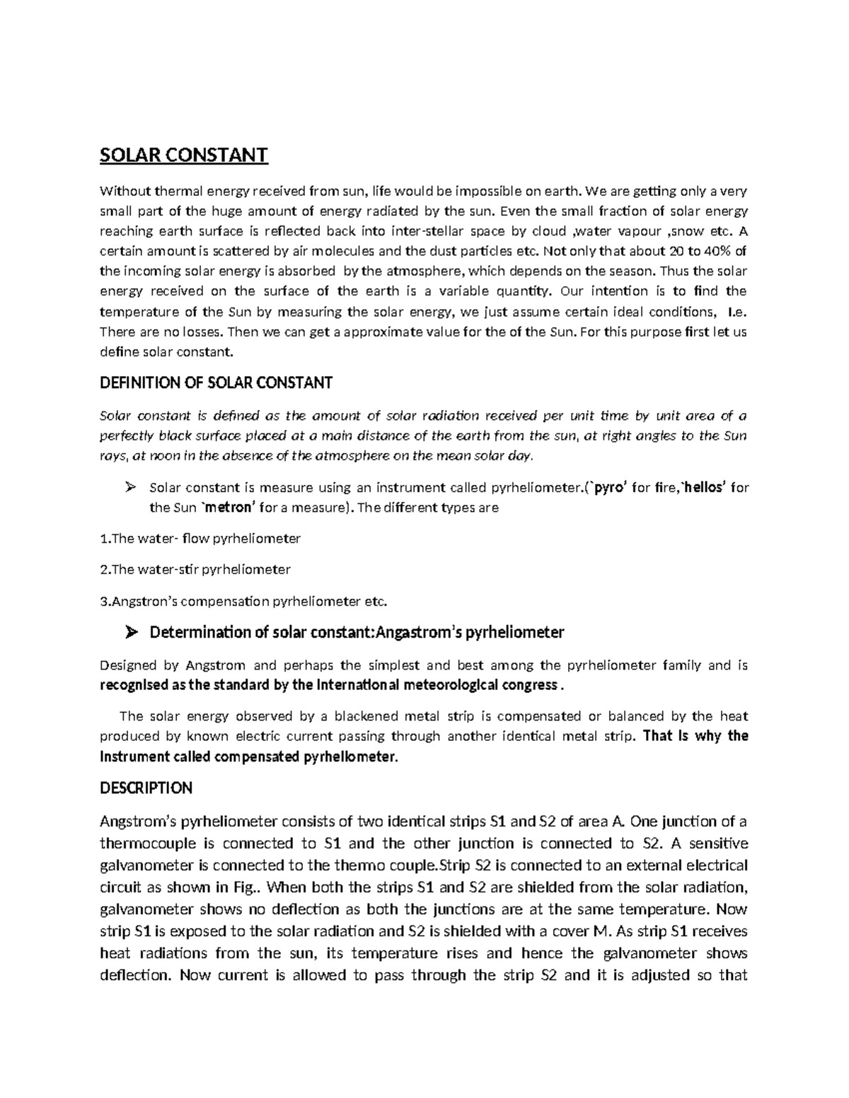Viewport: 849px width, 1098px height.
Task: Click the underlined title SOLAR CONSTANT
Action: [x=184, y=155]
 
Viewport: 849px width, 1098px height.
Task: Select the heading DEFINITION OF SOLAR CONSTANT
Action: [x=216, y=383]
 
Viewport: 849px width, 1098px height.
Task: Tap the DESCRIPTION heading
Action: [x=146, y=788]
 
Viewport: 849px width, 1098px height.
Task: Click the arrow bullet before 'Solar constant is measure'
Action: [x=129, y=486]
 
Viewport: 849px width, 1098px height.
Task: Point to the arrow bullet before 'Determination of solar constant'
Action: [x=130, y=632]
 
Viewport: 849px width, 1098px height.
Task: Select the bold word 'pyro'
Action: [x=603, y=487]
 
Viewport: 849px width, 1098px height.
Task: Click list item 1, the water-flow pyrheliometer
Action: [x=200, y=539]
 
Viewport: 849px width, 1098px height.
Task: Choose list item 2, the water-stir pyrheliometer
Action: [x=195, y=569]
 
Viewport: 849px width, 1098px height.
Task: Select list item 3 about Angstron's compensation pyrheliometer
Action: [x=244, y=601]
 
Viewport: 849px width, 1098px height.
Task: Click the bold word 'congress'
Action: [x=529, y=685]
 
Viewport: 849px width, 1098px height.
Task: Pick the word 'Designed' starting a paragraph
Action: [x=128, y=665]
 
